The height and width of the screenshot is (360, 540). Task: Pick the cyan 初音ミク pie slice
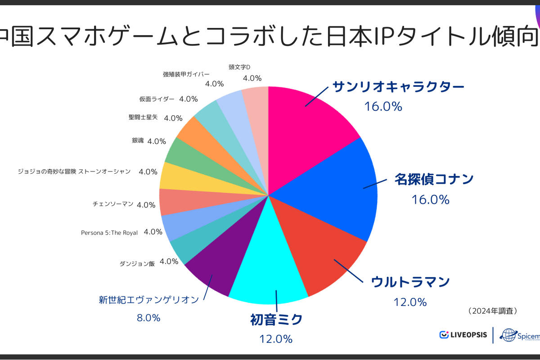[x=270, y=270]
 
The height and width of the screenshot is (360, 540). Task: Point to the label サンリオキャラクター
[x=398, y=86]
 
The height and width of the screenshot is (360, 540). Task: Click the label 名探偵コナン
[x=434, y=179]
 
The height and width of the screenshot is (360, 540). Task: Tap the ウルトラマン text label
[x=410, y=282]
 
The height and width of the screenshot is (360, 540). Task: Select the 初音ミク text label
[x=276, y=320]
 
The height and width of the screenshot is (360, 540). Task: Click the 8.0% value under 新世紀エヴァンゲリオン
[x=148, y=318]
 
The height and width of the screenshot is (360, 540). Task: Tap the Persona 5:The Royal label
[x=109, y=233]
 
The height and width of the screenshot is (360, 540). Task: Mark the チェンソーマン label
[x=112, y=204]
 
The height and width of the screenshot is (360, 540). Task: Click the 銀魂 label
[x=137, y=140]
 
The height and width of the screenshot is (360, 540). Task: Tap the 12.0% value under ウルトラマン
[x=410, y=302]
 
